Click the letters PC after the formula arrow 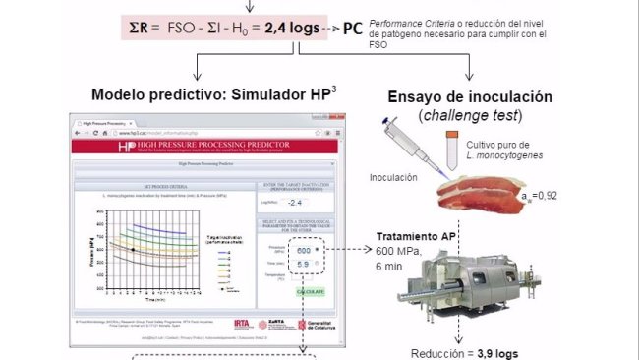click(x=351, y=28)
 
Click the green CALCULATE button click(x=311, y=292)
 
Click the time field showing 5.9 click(x=303, y=265)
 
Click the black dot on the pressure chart click(x=133, y=250)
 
